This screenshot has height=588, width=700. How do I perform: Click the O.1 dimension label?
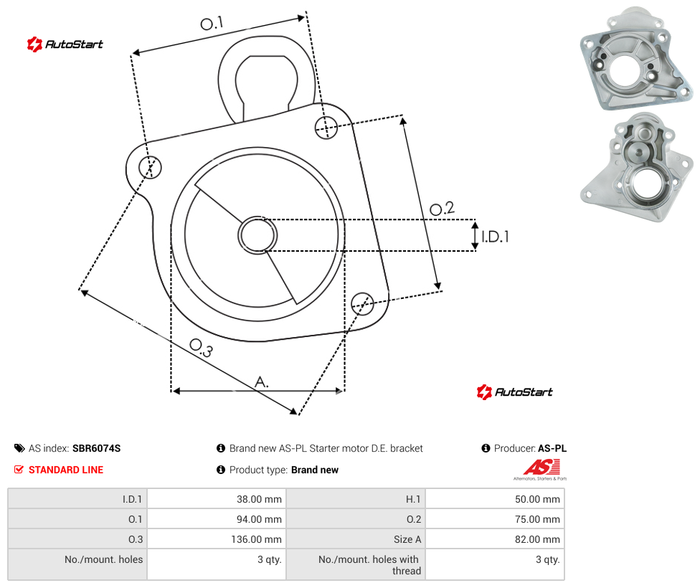(x=212, y=23)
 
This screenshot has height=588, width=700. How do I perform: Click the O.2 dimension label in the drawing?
(x=442, y=208)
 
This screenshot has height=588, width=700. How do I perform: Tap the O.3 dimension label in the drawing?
(x=201, y=348)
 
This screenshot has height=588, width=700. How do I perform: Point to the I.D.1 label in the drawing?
(x=495, y=237)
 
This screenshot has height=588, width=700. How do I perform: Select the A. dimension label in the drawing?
(x=262, y=382)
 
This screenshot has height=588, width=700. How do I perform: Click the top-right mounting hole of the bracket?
(x=326, y=127)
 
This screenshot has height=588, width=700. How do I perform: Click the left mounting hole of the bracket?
(x=150, y=167)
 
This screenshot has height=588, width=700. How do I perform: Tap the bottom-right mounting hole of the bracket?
(x=362, y=303)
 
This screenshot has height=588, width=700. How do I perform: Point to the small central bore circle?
(x=257, y=235)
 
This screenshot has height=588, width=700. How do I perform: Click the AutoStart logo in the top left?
(x=65, y=44)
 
